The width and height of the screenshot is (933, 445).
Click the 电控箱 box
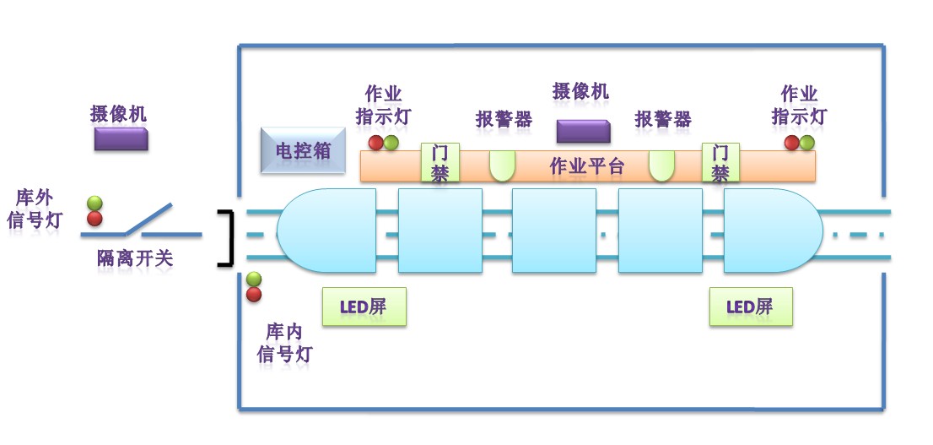(x=303, y=150)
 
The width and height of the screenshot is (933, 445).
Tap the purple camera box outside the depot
(x=121, y=138)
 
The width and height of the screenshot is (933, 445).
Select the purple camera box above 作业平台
(x=583, y=132)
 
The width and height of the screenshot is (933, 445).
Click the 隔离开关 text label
(x=134, y=258)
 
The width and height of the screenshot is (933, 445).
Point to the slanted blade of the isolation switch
(x=148, y=219)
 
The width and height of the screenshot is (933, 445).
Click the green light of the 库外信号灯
(x=94, y=204)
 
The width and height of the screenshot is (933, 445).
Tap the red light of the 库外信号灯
(x=94, y=219)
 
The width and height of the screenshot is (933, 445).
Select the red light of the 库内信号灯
(x=254, y=295)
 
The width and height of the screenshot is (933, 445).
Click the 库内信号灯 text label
(x=284, y=343)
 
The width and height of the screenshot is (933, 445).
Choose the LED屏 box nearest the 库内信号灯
(x=364, y=307)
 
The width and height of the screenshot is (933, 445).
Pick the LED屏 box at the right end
(x=751, y=307)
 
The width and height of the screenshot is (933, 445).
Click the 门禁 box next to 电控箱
(x=440, y=162)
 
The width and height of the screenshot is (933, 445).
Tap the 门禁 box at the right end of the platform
(x=720, y=162)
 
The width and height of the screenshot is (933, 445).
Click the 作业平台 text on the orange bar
(x=587, y=166)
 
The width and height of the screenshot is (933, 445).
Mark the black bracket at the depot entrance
(x=225, y=237)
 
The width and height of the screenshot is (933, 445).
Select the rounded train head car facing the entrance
(x=326, y=231)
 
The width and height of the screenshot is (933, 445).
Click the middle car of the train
(x=554, y=231)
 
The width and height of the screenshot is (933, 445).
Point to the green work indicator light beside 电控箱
(x=391, y=143)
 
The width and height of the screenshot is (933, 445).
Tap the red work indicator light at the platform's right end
(x=791, y=143)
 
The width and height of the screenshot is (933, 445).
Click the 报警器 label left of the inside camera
(x=504, y=119)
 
